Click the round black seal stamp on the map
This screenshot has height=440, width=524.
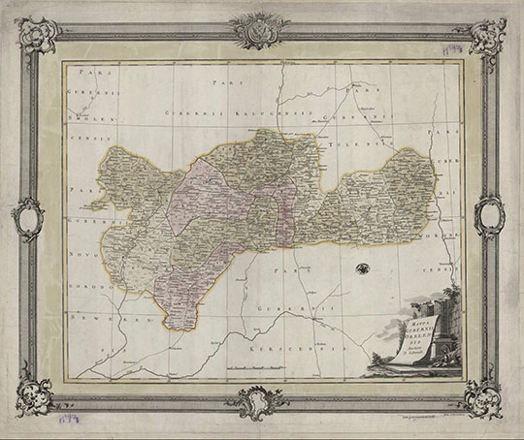pyautogui.click(x=362, y=269)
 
